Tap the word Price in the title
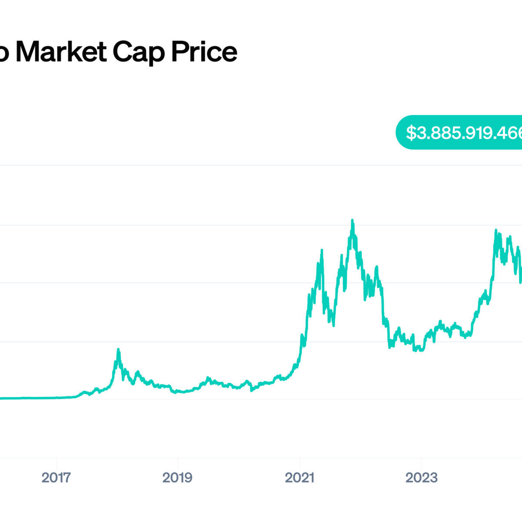(x=204, y=52)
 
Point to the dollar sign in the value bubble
(x=411, y=133)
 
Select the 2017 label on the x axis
(x=56, y=478)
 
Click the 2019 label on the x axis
(x=177, y=478)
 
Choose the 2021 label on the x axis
(x=299, y=478)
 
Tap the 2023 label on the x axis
(x=421, y=478)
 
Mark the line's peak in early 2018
(x=118, y=349)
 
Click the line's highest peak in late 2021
(x=352, y=220)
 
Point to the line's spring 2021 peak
(x=321, y=250)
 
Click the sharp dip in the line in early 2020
(x=251, y=391)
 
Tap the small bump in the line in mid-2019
(x=207, y=378)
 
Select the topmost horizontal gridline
(x=261, y=165)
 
